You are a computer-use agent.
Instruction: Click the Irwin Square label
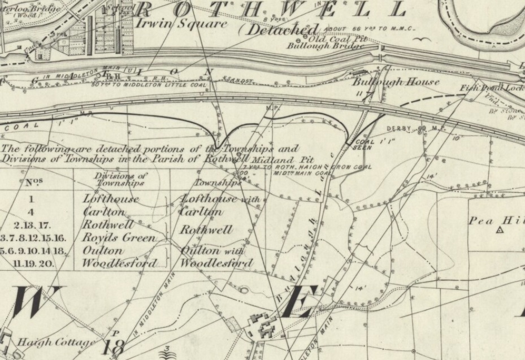click(182, 24)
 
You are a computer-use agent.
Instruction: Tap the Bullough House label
click(396, 82)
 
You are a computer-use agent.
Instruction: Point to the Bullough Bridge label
click(315, 47)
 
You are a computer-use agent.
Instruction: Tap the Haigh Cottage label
click(55, 342)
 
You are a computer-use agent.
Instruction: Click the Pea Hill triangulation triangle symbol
click(500, 231)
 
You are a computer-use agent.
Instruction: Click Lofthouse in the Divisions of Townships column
click(110, 199)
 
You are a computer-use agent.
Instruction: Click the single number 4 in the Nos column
click(32, 212)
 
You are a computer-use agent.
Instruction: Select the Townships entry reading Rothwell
click(206, 231)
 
